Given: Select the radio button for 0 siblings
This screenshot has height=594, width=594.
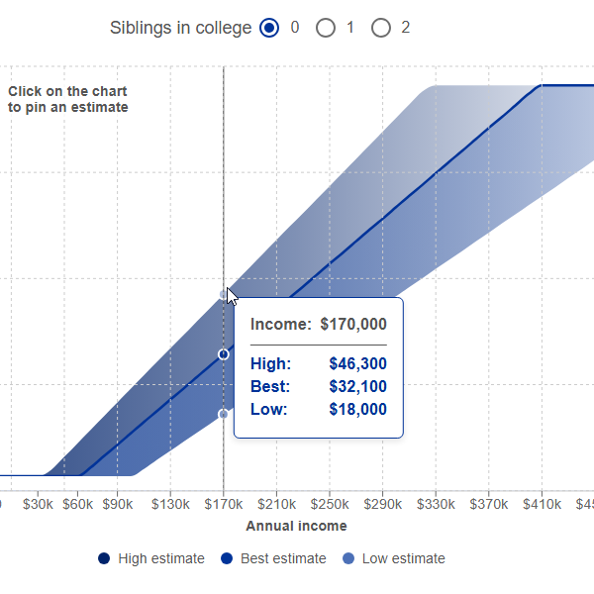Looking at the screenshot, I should (x=269, y=29).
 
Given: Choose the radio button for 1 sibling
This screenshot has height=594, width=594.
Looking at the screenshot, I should (x=326, y=29).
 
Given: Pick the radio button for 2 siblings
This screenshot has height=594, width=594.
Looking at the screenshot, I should (x=381, y=29).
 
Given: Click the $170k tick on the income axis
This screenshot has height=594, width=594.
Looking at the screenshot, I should (x=224, y=503).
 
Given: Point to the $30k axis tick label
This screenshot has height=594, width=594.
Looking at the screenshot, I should (x=39, y=503).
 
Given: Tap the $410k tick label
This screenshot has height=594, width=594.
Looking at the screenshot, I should (x=542, y=503).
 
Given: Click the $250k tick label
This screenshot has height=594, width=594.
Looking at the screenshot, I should (x=330, y=503).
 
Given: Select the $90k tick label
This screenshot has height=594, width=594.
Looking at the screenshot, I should (x=118, y=503).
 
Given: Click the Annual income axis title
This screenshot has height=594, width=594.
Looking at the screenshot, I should (x=296, y=526).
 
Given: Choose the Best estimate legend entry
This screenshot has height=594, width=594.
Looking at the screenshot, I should (x=273, y=558).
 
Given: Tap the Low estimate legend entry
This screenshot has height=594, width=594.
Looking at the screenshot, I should (x=394, y=558).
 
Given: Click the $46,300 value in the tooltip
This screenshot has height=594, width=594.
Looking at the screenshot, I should (x=357, y=364).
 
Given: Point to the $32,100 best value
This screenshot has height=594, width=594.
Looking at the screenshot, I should (x=357, y=387).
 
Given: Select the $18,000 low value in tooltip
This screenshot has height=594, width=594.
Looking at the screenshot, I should (x=357, y=410).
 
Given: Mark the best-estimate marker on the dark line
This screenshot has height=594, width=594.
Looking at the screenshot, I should (x=224, y=353).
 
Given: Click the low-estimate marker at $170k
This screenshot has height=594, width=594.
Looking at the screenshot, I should (x=224, y=414).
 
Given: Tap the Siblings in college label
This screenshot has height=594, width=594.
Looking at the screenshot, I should (x=180, y=29).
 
